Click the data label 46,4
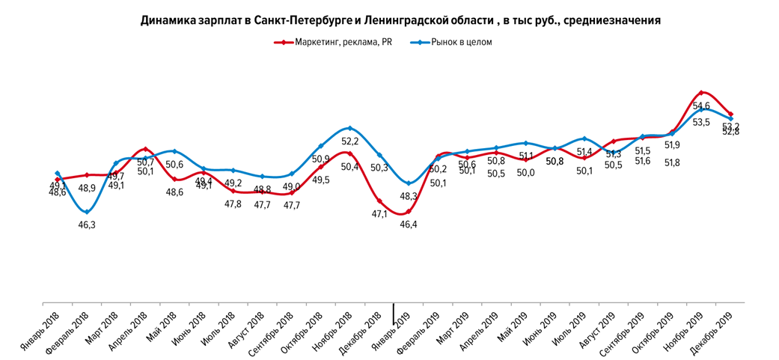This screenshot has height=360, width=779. [409, 224]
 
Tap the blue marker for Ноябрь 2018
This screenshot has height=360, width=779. [350, 128]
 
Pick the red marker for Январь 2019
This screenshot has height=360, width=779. [409, 211]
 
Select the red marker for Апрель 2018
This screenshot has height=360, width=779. [145, 149]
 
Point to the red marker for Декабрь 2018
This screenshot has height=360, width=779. [379, 201]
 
